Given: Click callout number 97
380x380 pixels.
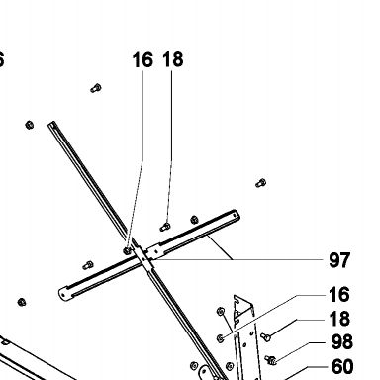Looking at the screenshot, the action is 339,260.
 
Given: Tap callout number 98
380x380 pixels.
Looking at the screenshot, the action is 341,342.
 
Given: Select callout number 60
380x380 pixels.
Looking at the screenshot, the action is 342,366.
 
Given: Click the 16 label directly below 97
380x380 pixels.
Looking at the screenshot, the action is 339,294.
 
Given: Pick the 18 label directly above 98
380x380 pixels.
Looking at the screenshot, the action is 339,319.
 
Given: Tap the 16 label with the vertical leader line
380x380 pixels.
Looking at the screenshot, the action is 142,60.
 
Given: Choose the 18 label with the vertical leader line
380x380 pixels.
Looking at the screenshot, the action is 173,59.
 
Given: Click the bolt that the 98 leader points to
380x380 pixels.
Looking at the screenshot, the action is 270,360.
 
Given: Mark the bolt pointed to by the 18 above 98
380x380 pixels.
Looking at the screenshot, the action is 265,337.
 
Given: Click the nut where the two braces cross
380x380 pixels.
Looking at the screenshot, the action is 127,251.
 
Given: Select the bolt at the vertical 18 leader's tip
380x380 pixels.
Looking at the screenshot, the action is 165,227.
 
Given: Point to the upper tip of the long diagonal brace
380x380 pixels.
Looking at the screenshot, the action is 52,123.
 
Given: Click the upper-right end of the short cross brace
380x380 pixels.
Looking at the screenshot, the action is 236,215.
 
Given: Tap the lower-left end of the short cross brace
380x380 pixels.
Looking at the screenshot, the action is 62,293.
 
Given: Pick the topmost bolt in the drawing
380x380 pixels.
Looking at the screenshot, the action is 96,88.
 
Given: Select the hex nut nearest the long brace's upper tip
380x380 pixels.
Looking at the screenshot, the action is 30,125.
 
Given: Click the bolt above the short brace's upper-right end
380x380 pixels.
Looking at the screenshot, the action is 261,183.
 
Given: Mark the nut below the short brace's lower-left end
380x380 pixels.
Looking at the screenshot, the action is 22,302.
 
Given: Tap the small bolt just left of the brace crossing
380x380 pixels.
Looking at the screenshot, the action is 88,265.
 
